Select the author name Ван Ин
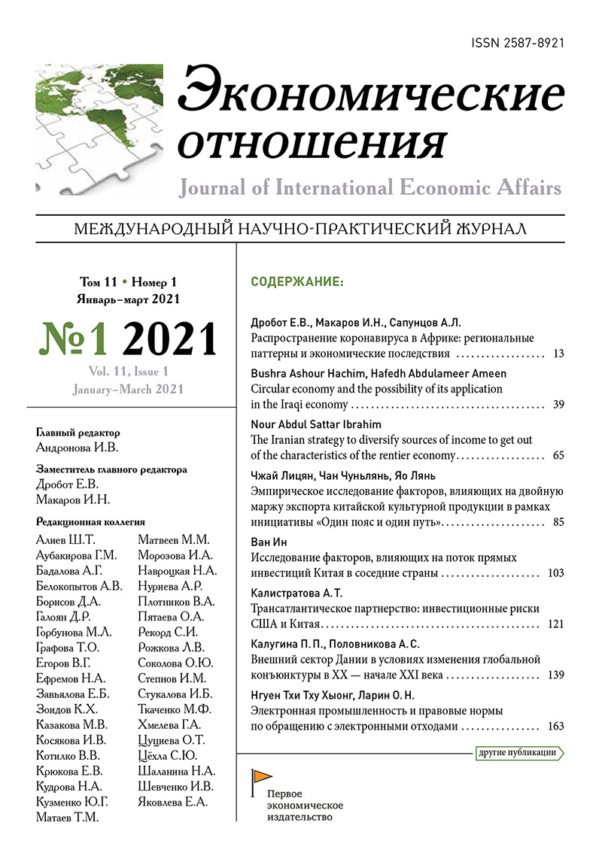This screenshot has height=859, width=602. click(x=268, y=542)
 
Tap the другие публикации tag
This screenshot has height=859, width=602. click(x=518, y=751)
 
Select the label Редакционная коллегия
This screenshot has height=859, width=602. click(x=90, y=521)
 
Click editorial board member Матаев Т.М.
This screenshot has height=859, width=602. click(x=67, y=817)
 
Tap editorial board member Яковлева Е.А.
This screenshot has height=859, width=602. click(x=173, y=802)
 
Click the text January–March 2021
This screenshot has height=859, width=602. click(x=128, y=390)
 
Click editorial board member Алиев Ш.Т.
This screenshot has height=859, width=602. click(x=62, y=540)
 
